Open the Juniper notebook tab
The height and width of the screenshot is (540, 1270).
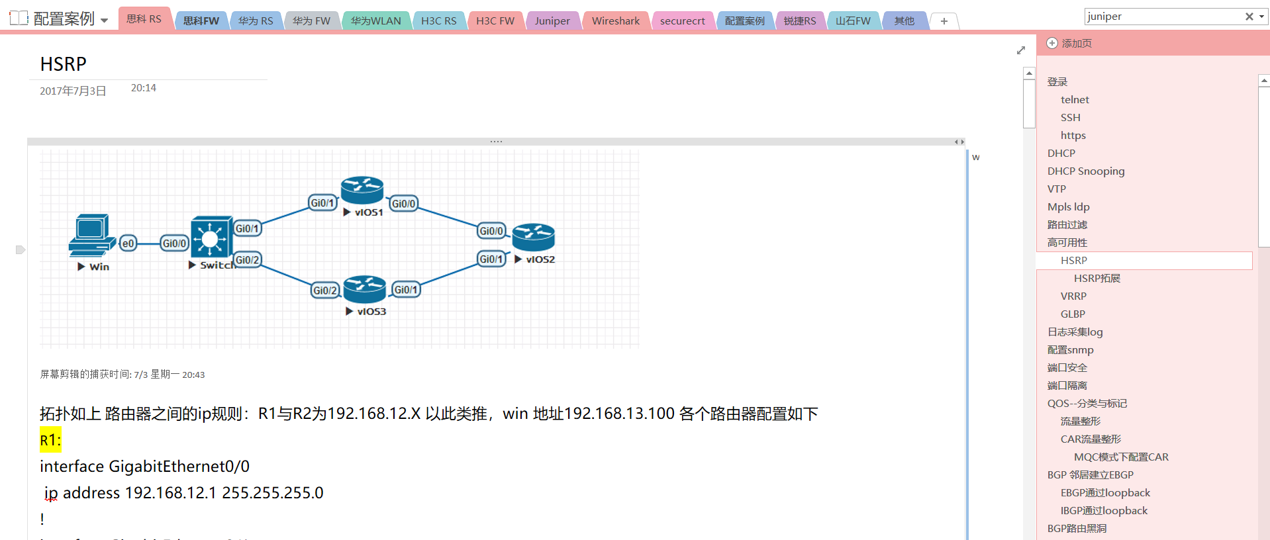552,21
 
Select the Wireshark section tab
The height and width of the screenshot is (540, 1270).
615,21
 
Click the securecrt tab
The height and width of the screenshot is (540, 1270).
682,21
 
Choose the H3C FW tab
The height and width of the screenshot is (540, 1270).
495,21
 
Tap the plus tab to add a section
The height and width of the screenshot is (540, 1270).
944,21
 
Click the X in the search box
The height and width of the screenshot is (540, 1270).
1249,17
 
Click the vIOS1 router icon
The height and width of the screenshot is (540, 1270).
362,190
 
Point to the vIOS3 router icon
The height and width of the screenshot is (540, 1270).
364,289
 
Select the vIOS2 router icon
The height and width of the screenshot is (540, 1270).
533,238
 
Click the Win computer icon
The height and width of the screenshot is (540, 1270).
91,235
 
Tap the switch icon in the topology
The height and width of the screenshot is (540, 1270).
211,237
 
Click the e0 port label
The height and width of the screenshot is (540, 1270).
128,244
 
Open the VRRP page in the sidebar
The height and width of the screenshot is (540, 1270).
1073,296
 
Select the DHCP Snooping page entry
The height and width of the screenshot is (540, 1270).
1085,171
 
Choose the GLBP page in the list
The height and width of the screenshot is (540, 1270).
1073,314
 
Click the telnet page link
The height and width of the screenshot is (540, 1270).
1075,99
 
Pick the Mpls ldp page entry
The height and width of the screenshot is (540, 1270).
1068,206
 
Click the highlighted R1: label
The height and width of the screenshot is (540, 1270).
50,440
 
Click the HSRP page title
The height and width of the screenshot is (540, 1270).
64,64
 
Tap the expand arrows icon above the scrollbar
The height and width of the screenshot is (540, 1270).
1020,50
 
